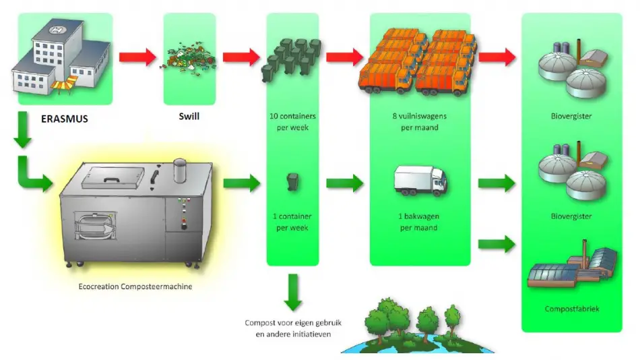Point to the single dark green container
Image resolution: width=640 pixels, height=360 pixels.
(x=292, y=181)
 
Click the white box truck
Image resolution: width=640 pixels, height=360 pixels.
(x=419, y=180)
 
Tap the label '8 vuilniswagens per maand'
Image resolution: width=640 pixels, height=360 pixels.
(x=420, y=122)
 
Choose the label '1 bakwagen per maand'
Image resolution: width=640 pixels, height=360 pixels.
(x=420, y=222)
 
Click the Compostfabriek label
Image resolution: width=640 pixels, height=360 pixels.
(x=571, y=309)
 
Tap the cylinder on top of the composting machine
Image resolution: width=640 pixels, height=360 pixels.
(x=180, y=171)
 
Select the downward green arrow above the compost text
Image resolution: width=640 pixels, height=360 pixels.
(x=292, y=292)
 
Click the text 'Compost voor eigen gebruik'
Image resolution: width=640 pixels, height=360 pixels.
(x=292, y=323)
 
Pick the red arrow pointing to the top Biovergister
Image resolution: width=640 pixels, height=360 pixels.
(x=497, y=57)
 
